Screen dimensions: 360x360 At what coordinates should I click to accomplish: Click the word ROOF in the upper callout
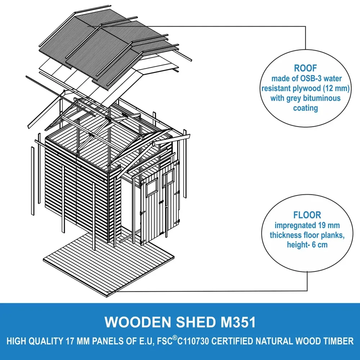pyautogui.click(x=305, y=68)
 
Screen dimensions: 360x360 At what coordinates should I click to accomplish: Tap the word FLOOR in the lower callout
pyautogui.click(x=307, y=215)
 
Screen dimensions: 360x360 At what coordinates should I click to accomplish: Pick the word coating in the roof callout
pyautogui.click(x=306, y=108)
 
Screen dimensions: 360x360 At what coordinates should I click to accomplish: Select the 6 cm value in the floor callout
pyautogui.click(x=320, y=245)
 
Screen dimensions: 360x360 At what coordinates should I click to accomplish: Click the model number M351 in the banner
pyautogui.click(x=238, y=322)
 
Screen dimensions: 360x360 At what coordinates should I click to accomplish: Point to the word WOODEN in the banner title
pyautogui.click(x=138, y=322)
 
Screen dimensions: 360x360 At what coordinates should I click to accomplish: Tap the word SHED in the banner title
pyautogui.click(x=196, y=322)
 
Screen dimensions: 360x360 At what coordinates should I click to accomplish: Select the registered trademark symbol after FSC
pyautogui.click(x=175, y=338)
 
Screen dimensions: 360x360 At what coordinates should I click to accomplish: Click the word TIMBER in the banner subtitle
pyautogui.click(x=339, y=341)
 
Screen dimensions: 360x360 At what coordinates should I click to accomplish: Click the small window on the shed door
pyautogui.click(x=152, y=187)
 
